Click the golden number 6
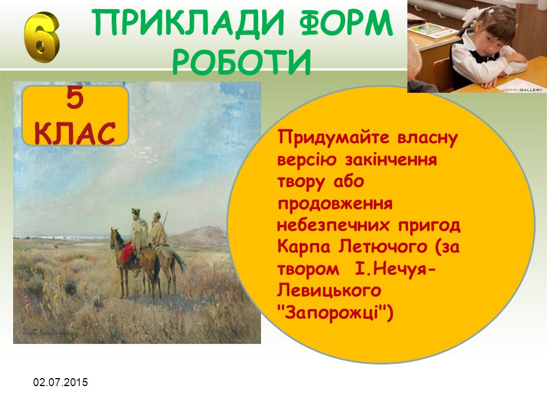pos(42,38)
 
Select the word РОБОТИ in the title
pos(242,61)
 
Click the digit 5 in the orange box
pos(75,99)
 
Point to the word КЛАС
pos(75,133)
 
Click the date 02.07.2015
pos(61,382)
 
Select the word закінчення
pos(391,160)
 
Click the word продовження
pos(335,204)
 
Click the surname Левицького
pos(329,291)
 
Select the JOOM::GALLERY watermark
pos(522,90)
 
